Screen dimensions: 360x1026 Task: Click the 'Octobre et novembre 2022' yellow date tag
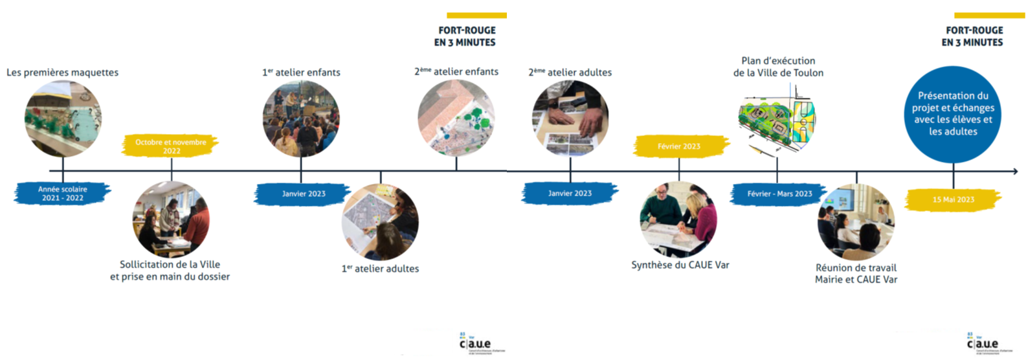[x=171, y=146]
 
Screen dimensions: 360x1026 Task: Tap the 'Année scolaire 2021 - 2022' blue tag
[x=63, y=194]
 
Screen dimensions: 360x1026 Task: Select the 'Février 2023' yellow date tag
[x=679, y=146]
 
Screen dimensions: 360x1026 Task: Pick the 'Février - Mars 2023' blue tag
[x=779, y=194]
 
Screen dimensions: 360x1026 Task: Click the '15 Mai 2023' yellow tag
[x=953, y=199]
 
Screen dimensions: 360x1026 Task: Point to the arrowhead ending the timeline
[x=1014, y=172]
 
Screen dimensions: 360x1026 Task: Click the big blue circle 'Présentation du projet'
[x=953, y=114]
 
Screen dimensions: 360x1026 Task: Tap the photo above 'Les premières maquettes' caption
[x=63, y=119]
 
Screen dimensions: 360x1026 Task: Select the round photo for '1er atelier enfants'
[x=301, y=119]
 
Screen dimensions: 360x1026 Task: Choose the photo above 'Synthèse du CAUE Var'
[x=678, y=219]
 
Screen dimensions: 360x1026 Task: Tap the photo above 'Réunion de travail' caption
[x=856, y=221]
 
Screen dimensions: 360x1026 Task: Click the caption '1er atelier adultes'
[x=380, y=269]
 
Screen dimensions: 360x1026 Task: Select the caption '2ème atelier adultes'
[x=570, y=73]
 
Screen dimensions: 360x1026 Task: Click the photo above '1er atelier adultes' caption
[x=380, y=221]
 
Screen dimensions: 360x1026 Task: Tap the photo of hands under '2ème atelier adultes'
[x=570, y=119]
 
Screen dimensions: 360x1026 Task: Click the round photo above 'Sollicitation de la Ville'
[x=171, y=219]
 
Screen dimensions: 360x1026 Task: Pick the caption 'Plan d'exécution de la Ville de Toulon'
[x=778, y=67]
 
